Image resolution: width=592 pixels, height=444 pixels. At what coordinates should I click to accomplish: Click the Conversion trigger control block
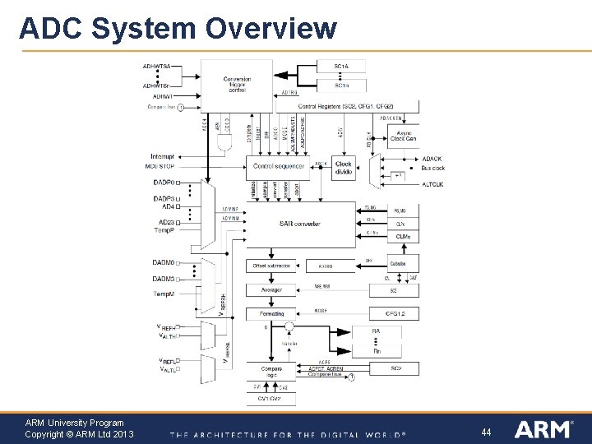236,84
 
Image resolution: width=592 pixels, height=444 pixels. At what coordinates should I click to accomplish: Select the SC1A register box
340,67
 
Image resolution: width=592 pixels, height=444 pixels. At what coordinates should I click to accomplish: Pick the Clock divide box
343,168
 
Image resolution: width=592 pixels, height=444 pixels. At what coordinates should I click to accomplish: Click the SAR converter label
299,224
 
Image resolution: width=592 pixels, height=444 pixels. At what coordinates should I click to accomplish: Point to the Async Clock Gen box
403,136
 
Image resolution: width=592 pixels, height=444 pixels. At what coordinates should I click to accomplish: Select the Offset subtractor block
271,266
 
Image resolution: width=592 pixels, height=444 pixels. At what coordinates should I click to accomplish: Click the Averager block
271,289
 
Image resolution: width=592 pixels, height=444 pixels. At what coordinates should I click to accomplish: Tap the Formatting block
271,313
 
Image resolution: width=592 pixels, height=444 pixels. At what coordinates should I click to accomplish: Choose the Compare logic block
271,372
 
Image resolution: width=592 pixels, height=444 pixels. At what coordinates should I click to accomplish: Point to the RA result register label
376,331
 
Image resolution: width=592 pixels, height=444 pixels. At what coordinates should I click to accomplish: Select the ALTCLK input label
432,184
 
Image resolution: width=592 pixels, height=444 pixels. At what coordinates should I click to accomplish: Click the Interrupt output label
162,156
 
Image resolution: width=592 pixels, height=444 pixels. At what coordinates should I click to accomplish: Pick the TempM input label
163,294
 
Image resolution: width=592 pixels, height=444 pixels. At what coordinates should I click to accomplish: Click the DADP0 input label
163,183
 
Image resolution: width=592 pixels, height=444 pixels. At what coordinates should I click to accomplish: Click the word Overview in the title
271,28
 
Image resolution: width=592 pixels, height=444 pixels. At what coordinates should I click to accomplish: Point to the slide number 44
486,432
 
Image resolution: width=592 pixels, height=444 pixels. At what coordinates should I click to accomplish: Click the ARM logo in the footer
543,429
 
